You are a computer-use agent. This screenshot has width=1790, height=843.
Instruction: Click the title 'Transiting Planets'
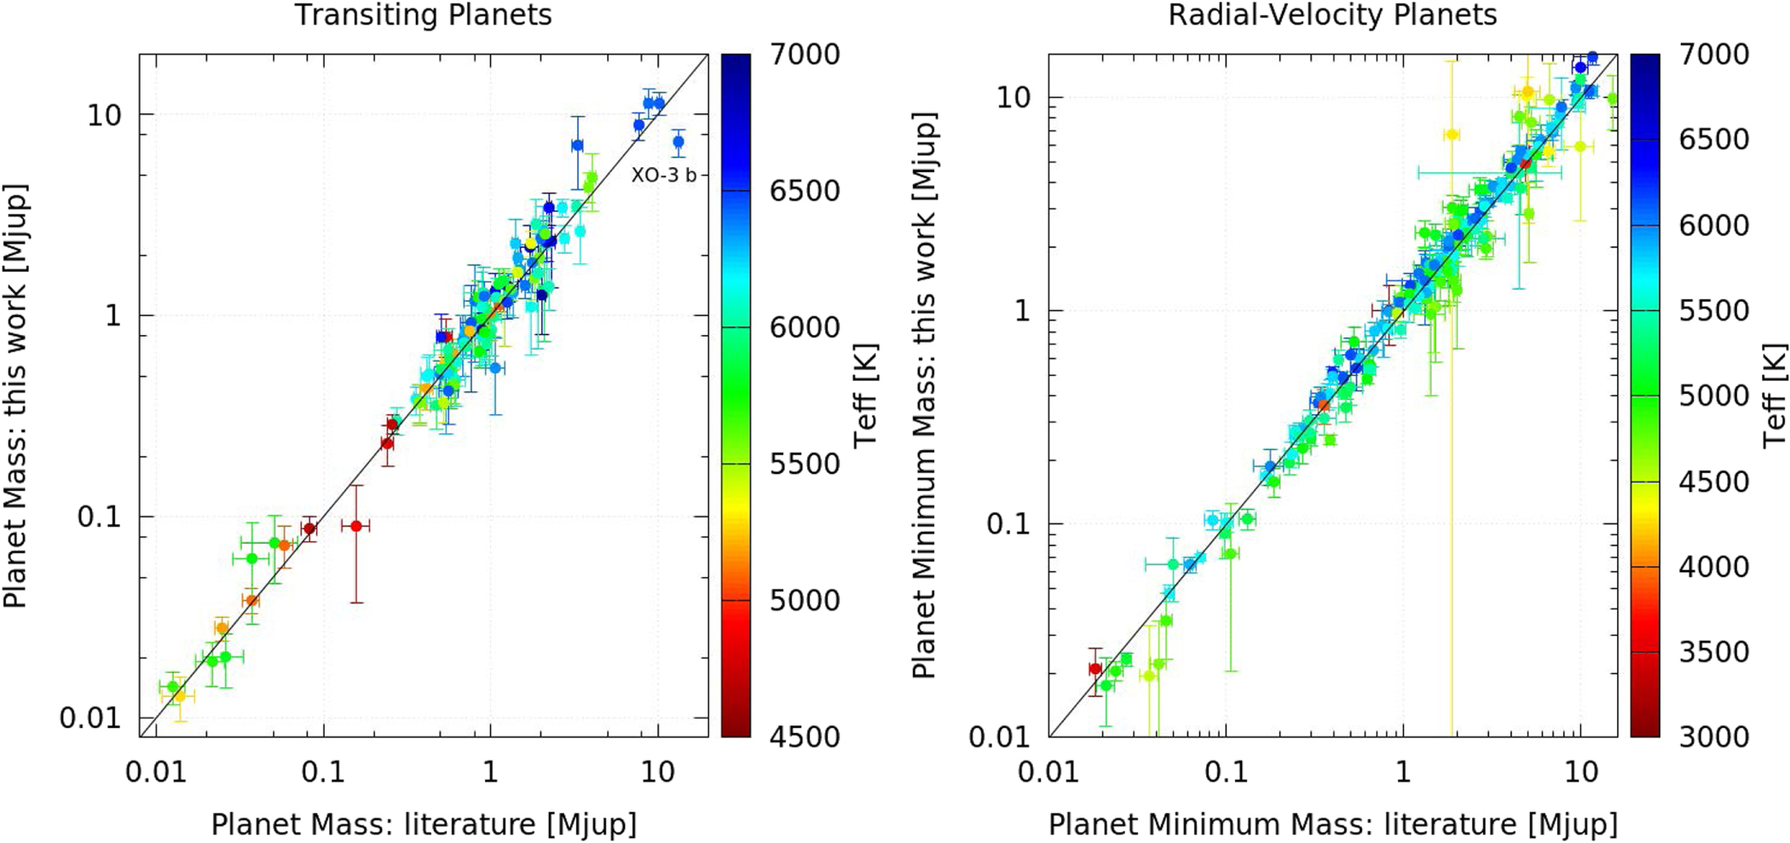[423, 15]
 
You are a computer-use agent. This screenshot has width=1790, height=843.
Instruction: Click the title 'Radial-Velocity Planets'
[1332, 15]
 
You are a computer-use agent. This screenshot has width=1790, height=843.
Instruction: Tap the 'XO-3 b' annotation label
[663, 176]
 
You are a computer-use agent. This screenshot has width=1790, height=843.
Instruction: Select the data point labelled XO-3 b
[678, 142]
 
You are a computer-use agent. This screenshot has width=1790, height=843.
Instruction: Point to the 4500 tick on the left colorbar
[805, 736]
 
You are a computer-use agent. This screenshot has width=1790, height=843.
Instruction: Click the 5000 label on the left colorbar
[805, 600]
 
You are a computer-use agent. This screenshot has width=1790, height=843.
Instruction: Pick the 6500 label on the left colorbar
[805, 191]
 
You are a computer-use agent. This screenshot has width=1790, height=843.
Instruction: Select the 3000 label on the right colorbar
[1714, 736]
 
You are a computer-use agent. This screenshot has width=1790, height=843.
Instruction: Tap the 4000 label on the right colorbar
[1714, 566]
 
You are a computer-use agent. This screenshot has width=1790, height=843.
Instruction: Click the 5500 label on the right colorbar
[1714, 310]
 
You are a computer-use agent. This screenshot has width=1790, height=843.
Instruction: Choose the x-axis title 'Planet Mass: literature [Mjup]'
[424, 824]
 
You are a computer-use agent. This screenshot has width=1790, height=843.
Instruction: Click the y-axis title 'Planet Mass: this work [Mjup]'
[15, 396]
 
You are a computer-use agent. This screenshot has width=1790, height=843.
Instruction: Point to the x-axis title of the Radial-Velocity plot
[1332, 824]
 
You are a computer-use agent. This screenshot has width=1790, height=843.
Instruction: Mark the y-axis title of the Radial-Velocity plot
[925, 396]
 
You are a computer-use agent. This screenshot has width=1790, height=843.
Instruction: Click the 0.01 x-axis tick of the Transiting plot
[155, 772]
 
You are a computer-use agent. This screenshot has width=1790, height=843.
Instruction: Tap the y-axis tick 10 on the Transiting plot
[104, 115]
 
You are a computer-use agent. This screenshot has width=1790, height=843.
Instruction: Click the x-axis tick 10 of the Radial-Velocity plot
[1581, 772]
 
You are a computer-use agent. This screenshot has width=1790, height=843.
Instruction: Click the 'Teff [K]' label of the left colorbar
[866, 396]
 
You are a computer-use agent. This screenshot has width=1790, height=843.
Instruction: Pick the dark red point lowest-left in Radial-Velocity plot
[1095, 669]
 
